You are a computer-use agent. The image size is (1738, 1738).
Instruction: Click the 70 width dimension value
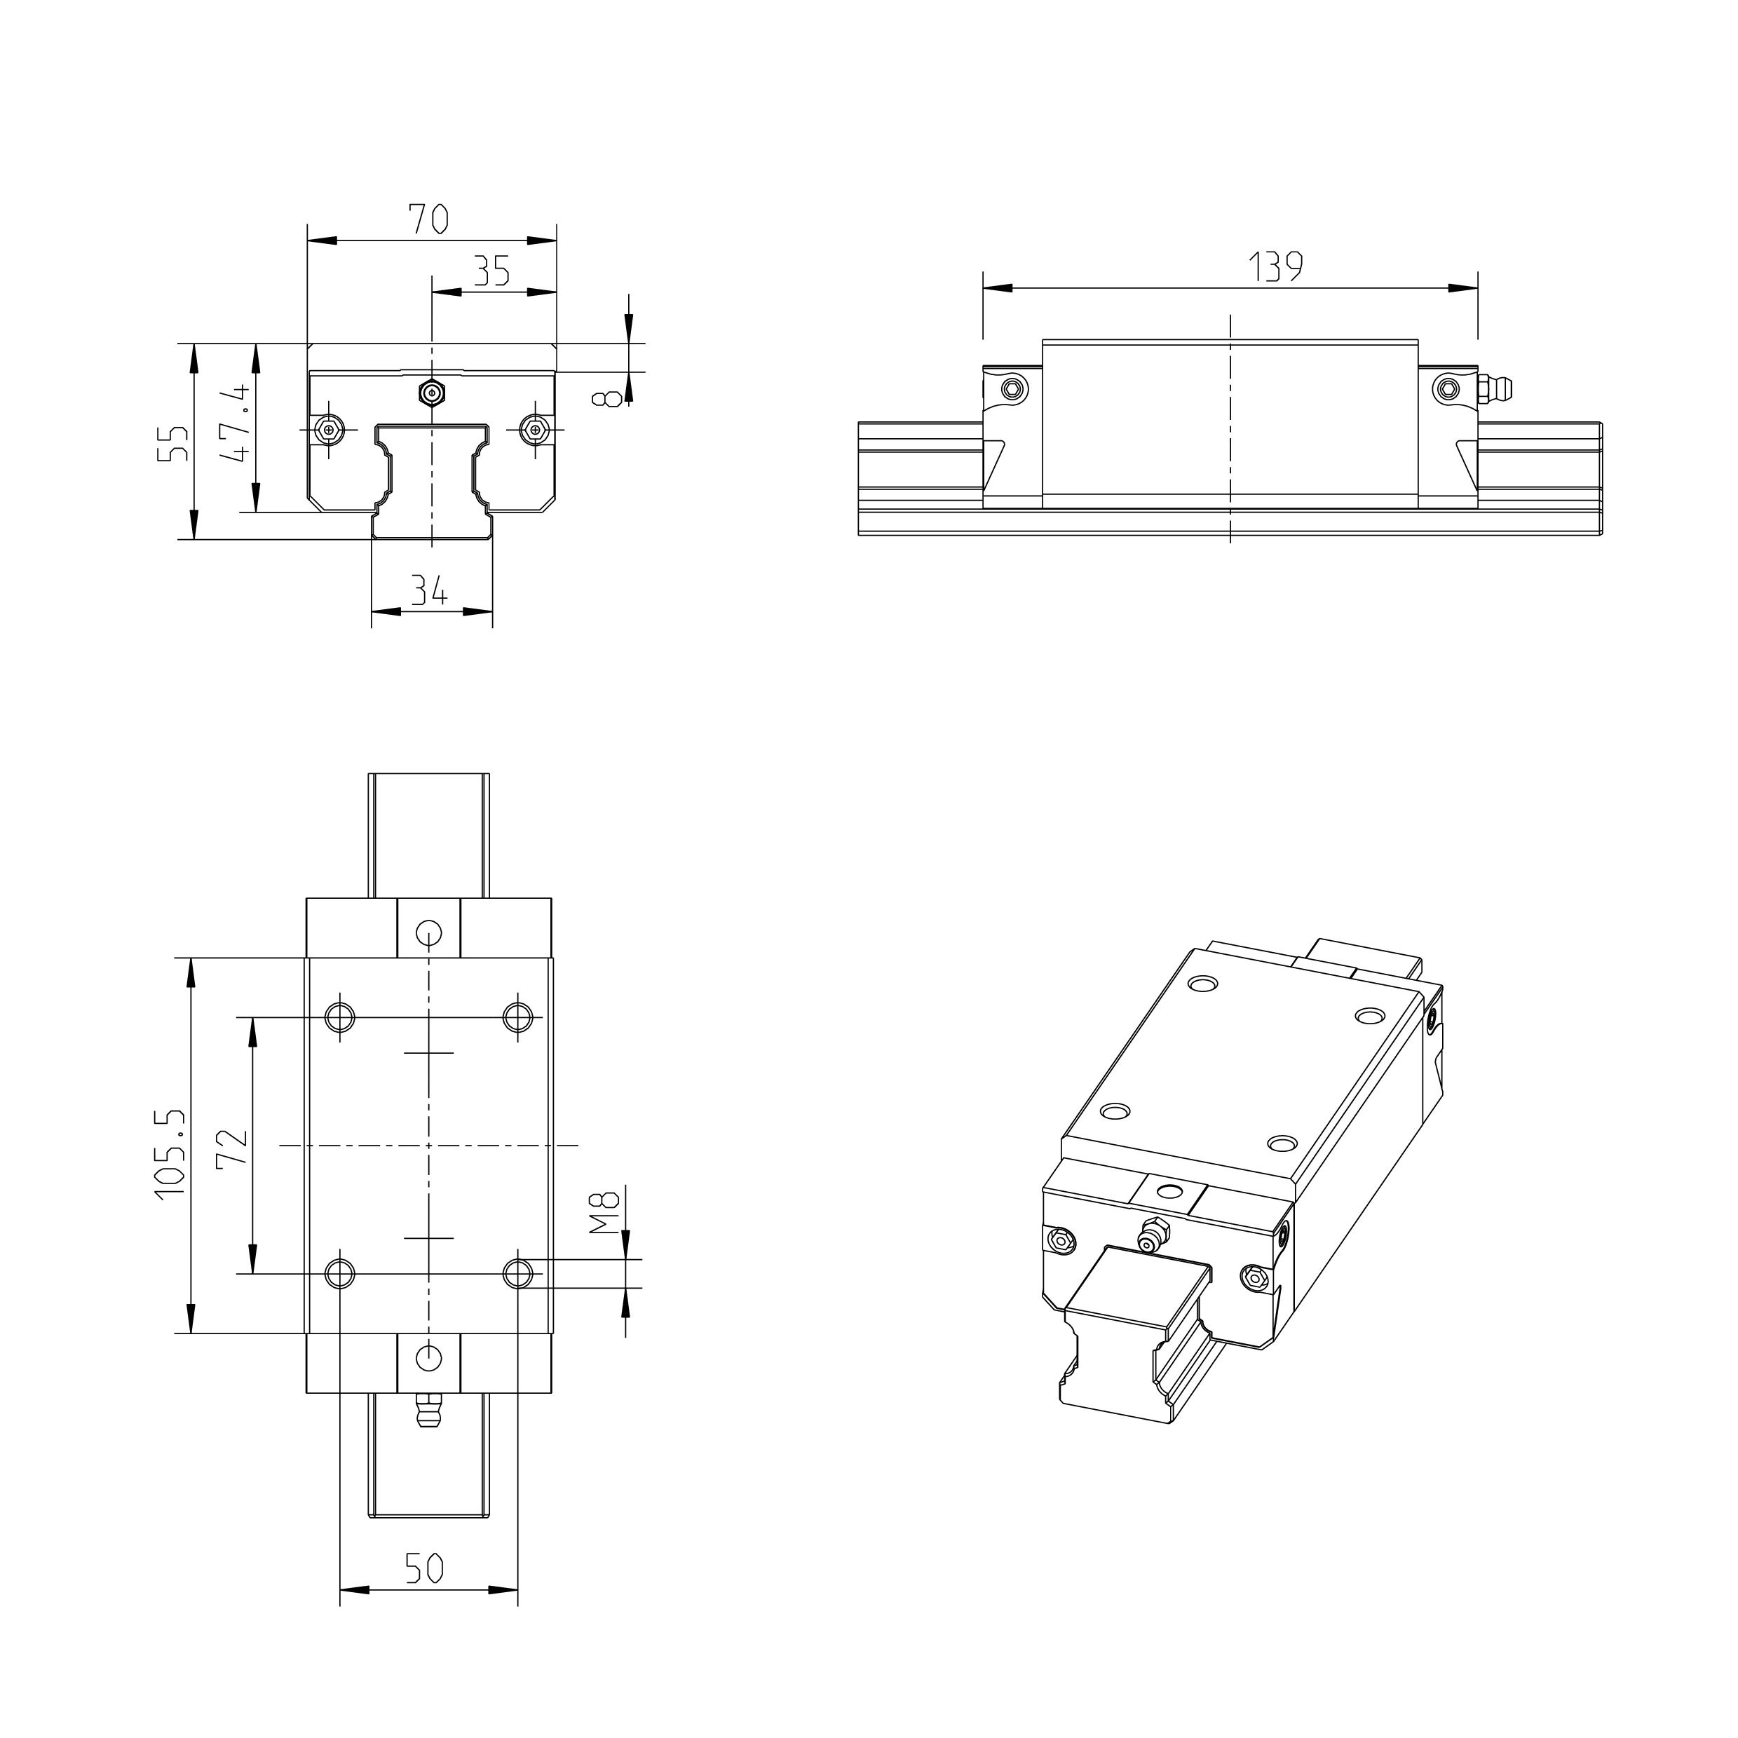(429, 219)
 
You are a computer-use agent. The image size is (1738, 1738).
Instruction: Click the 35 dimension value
(492, 271)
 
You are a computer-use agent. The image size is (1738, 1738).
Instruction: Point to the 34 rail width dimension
(430, 591)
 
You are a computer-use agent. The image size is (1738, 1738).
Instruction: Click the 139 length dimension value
(1275, 267)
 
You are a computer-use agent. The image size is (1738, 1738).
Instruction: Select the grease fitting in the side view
(1494, 388)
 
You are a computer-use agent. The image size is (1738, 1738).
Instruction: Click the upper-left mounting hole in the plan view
(340, 1017)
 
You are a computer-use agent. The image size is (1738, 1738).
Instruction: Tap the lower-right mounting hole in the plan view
(517, 1273)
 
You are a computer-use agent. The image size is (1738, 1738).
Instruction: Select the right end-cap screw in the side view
(1446, 388)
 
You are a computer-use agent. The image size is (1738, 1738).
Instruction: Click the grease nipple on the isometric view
(1150, 1239)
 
